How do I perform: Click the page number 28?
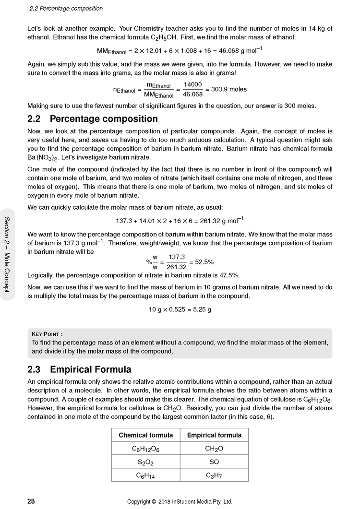[31, 501]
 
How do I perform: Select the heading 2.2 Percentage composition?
[93, 118]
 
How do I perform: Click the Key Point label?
[47, 334]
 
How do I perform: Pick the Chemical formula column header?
[145, 435]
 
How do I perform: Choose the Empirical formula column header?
[214, 435]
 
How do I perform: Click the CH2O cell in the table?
[214, 449]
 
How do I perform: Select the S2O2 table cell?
[145, 462]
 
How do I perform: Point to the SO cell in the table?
[214, 462]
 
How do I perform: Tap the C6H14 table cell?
[145, 475]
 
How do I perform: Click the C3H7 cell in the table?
[214, 475]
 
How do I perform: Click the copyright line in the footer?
[180, 501]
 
